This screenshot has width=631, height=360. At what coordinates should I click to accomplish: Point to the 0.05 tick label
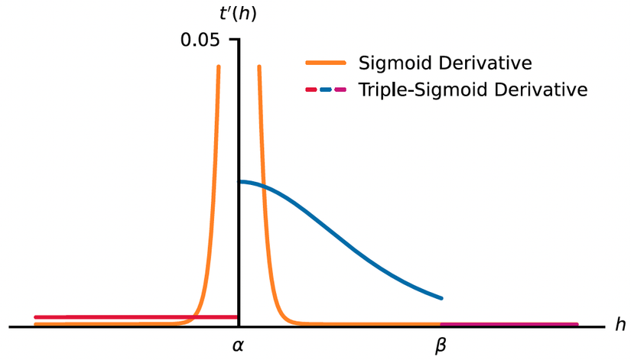pyautogui.click(x=200, y=40)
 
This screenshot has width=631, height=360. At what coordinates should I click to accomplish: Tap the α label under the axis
pyautogui.click(x=238, y=346)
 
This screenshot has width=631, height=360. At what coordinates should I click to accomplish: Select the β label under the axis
pyautogui.click(x=441, y=346)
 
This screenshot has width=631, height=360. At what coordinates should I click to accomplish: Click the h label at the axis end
pyautogui.click(x=620, y=325)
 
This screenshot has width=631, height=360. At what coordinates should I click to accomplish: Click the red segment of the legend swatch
pyautogui.click(x=311, y=89)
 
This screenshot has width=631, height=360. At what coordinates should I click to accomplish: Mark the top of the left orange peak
pyautogui.click(x=219, y=67)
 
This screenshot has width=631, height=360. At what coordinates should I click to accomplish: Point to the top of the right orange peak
pyautogui.click(x=259, y=67)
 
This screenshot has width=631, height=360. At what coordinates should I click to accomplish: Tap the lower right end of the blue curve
pyautogui.click(x=441, y=297)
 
